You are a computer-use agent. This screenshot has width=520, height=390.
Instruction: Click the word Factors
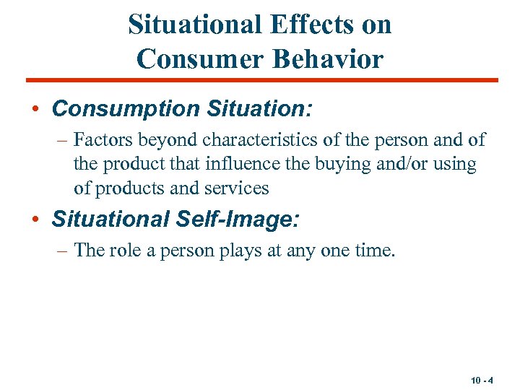click(102, 140)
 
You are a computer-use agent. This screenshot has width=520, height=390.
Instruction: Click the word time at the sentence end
click(375, 250)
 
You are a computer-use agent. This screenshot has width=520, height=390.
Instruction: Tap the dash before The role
click(63, 250)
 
